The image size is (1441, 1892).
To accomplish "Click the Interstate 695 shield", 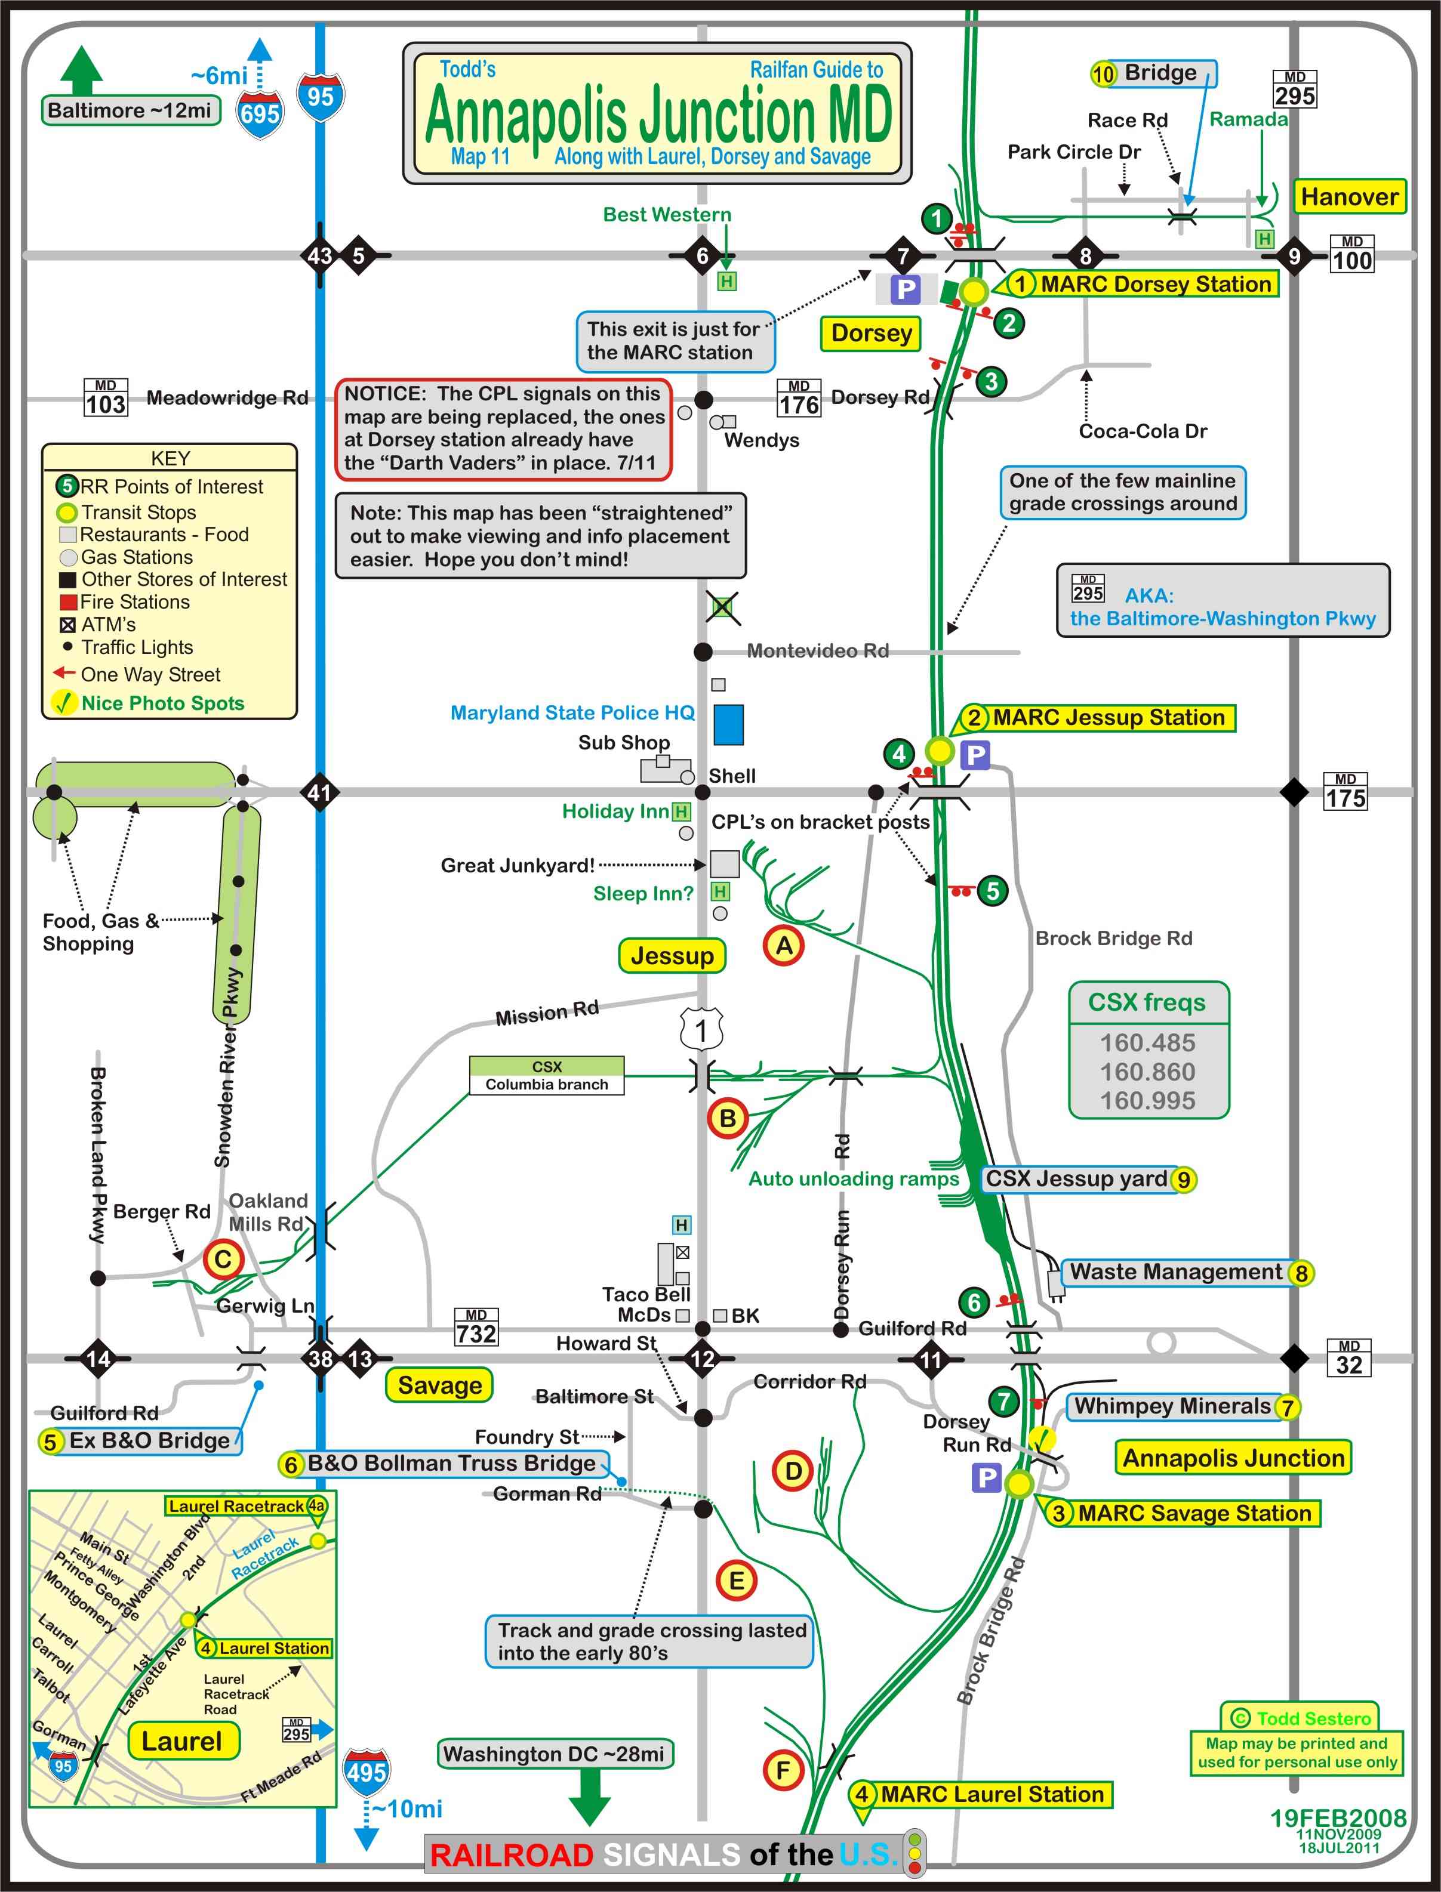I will pyautogui.click(x=260, y=112).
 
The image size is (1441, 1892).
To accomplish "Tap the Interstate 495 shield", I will pyautogui.click(x=367, y=1771).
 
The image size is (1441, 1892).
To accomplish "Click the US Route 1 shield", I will pyautogui.click(x=701, y=1029).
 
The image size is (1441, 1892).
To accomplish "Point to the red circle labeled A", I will pyautogui.click(x=784, y=946).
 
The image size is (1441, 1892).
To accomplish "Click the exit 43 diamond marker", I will pyautogui.click(x=320, y=255).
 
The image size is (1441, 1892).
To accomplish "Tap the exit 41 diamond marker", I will pyautogui.click(x=320, y=792).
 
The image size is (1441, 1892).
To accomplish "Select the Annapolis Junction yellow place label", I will pyautogui.click(x=1233, y=1458).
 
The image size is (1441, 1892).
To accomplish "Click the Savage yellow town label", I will pyautogui.click(x=439, y=1385).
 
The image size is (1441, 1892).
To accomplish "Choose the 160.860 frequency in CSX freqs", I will pyautogui.click(x=1148, y=1072).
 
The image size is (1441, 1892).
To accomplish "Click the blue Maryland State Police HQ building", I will pyautogui.click(x=729, y=724).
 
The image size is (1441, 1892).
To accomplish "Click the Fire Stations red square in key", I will pyautogui.click(x=68, y=603).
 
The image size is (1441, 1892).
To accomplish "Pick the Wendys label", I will pyautogui.click(x=762, y=441).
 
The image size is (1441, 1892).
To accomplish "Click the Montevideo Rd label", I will pyautogui.click(x=817, y=651).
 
